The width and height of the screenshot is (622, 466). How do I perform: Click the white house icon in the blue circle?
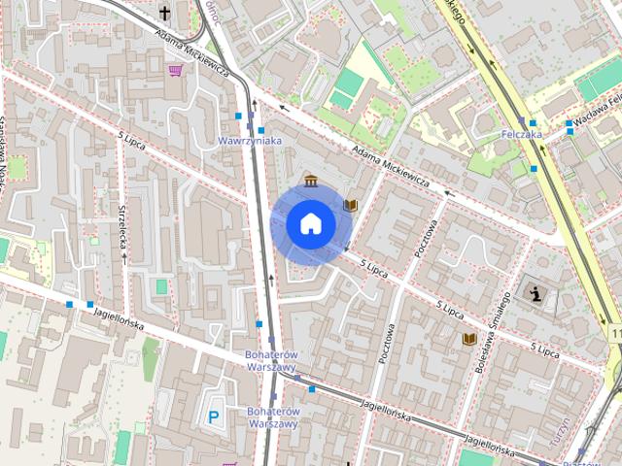(311, 223)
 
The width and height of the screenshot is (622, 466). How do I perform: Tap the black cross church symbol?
(165, 13)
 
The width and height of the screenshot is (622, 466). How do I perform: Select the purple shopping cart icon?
(174, 70)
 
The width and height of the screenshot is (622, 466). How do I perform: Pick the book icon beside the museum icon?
(351, 205)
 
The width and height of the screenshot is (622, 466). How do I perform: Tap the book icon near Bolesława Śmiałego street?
(469, 339)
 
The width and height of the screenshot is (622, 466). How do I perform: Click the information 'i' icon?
(534, 291)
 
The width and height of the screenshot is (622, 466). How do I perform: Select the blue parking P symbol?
(213, 417)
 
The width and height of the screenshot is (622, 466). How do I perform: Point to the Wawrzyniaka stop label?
(250, 142)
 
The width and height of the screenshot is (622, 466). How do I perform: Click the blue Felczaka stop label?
(521, 134)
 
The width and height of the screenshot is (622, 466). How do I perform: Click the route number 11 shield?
(616, 334)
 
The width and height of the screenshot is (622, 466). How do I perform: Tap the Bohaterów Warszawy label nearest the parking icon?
(272, 417)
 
